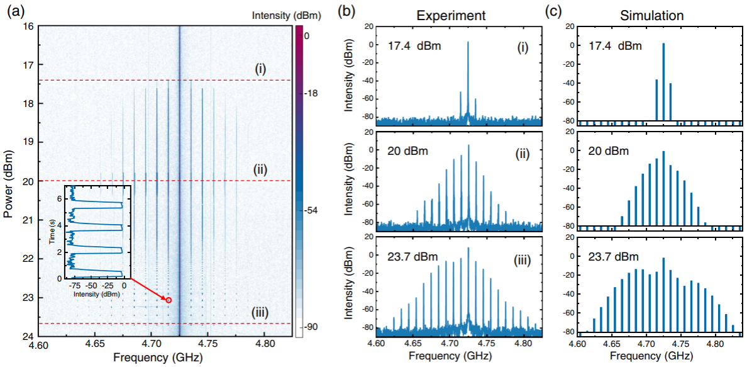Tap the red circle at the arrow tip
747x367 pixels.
click(x=169, y=300)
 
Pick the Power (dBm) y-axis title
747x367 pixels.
click(x=9, y=181)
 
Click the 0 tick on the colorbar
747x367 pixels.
click(x=306, y=36)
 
